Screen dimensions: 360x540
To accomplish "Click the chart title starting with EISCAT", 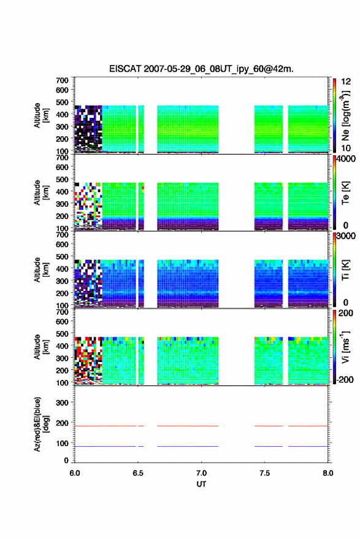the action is [x=201, y=69].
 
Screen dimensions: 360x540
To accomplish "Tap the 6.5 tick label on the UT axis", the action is [x=138, y=473].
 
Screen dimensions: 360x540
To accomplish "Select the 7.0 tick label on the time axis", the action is [x=201, y=473].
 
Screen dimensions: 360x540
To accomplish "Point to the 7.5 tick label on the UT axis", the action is [x=265, y=473].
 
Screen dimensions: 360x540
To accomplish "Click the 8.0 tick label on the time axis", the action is [x=328, y=473].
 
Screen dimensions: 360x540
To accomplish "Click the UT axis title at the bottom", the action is [x=201, y=484].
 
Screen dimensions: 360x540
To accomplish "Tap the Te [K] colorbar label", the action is [x=345, y=193].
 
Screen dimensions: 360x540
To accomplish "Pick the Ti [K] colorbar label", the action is [x=345, y=270].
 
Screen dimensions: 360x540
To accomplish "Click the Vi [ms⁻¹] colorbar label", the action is [x=345, y=347].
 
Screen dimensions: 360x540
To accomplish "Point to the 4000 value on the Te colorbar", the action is [x=346, y=159].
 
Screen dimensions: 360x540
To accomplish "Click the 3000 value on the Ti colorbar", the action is [x=346, y=236].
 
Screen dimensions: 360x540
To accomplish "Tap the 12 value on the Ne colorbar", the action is [x=346, y=82].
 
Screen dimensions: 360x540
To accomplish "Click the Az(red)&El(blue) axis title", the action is [x=41, y=424].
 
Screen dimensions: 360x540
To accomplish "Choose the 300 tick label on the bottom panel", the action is [x=62, y=403].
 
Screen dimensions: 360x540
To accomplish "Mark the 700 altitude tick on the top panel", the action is [x=62, y=80].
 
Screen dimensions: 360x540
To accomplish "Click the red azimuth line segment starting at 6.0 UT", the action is [x=105, y=426].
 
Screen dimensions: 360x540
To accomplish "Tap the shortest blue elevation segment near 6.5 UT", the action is [x=141, y=446].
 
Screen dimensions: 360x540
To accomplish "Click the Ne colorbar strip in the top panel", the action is [x=334, y=115].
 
